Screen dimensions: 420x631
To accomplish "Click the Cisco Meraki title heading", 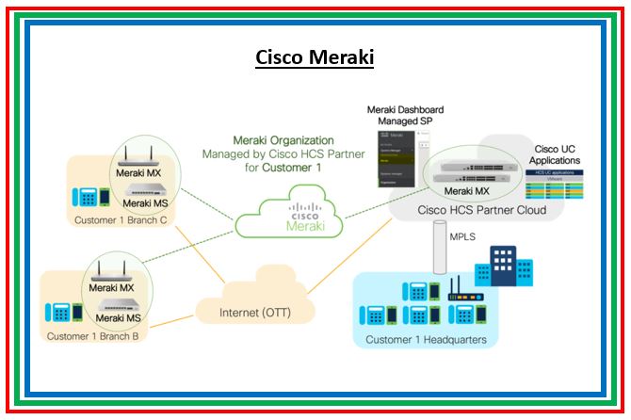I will pyautogui.click(x=315, y=57).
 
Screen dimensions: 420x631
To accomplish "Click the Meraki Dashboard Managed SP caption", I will pyautogui.click(x=406, y=118).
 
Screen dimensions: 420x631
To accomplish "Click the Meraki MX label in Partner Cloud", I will pyautogui.click(x=467, y=190).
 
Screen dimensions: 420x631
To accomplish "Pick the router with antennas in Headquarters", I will pyautogui.click(x=461, y=291).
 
